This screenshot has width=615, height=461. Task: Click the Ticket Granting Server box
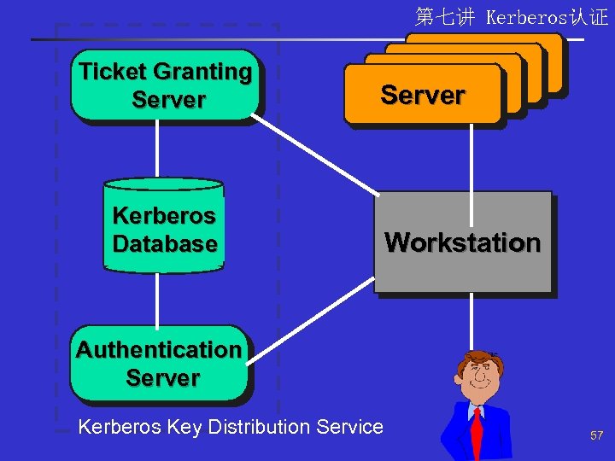pyautogui.click(x=165, y=86)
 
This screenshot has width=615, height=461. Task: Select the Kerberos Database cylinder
pyautogui.click(x=164, y=227)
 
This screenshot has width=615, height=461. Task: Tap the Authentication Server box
pyautogui.click(x=160, y=364)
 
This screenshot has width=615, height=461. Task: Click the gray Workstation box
pyautogui.click(x=462, y=242)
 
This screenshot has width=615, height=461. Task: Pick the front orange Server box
pyautogui.click(x=422, y=95)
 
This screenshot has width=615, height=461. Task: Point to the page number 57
pyautogui.click(x=596, y=435)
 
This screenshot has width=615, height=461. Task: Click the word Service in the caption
pyautogui.click(x=349, y=426)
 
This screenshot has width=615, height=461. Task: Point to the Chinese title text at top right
pyautogui.click(x=512, y=16)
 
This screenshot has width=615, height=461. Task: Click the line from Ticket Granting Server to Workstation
pyautogui.click(x=316, y=154)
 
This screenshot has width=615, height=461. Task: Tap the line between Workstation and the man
pyautogui.click(x=471, y=320)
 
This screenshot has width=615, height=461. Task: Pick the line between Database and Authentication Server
pyautogui.click(x=157, y=299)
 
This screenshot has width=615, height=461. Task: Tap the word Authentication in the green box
pyautogui.click(x=159, y=350)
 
